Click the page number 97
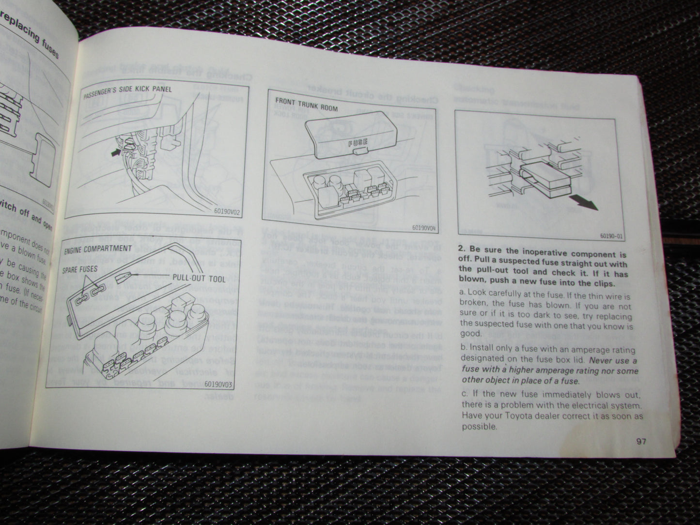click(x=642, y=441)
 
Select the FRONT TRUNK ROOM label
click(x=306, y=105)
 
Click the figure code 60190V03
click(x=218, y=385)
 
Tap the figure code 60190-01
click(x=612, y=236)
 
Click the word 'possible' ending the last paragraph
click(x=479, y=427)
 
